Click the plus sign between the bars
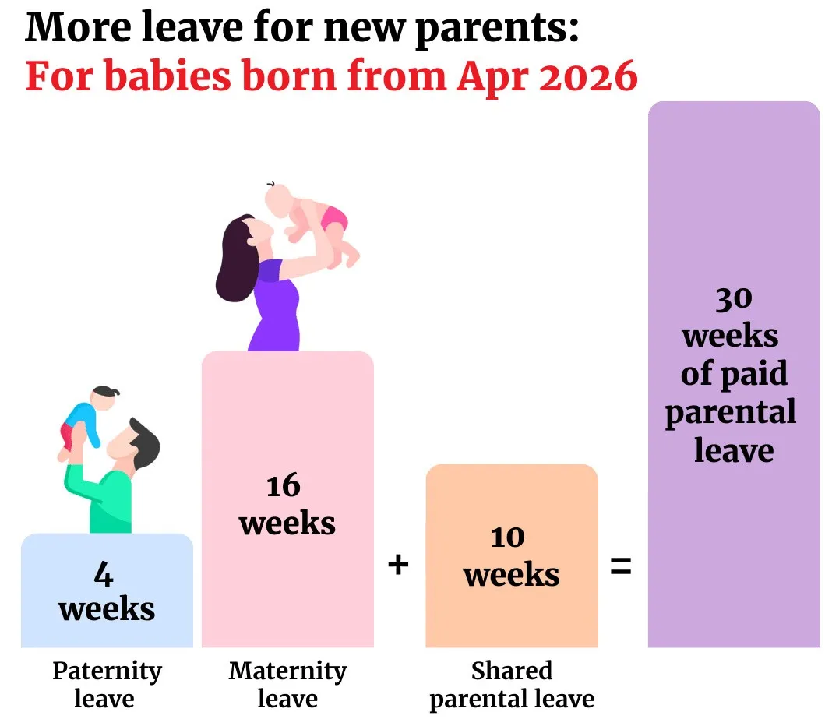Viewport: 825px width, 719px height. pyautogui.click(x=398, y=565)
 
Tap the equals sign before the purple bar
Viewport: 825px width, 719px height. pyautogui.click(x=621, y=566)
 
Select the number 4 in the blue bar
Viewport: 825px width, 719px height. pyautogui.click(x=104, y=574)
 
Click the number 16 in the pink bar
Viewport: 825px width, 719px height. pyautogui.click(x=284, y=485)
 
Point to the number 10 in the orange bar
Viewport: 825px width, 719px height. pyautogui.click(x=508, y=537)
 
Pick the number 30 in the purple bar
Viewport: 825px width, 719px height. pyautogui.click(x=734, y=299)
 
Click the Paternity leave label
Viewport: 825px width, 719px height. pyautogui.click(x=107, y=684)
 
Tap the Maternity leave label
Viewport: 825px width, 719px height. pyautogui.click(x=287, y=684)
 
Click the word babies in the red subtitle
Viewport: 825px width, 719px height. pyautogui.click(x=167, y=76)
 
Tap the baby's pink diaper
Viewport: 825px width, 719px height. pyautogui.click(x=335, y=217)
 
